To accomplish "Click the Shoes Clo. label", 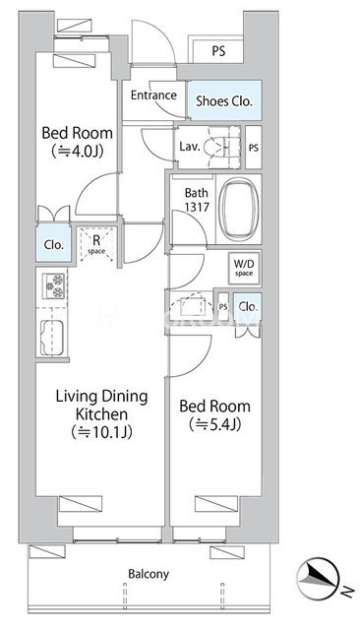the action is pyautogui.click(x=224, y=100).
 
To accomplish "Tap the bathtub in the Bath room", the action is pyautogui.click(x=239, y=209).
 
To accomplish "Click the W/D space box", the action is pyautogui.click(x=244, y=268).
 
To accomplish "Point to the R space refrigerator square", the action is pyautogui.click(x=96, y=244).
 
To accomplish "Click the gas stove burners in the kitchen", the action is pyautogui.click(x=53, y=285).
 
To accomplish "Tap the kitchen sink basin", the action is pyautogui.click(x=52, y=338).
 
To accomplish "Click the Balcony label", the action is pyautogui.click(x=149, y=574).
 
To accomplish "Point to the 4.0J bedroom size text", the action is pyautogui.click(x=77, y=152).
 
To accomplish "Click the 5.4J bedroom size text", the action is pyautogui.click(x=214, y=424).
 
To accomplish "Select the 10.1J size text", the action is pyautogui.click(x=101, y=432).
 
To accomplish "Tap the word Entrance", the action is pyautogui.click(x=153, y=95).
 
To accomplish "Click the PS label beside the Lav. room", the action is pyautogui.click(x=253, y=148).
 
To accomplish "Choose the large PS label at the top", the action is pyautogui.click(x=218, y=51).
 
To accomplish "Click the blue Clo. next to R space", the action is pyautogui.click(x=54, y=244).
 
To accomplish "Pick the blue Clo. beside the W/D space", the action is pyautogui.click(x=248, y=307).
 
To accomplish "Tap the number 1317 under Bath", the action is pyautogui.click(x=197, y=207).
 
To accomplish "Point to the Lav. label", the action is pyautogui.click(x=190, y=147).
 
